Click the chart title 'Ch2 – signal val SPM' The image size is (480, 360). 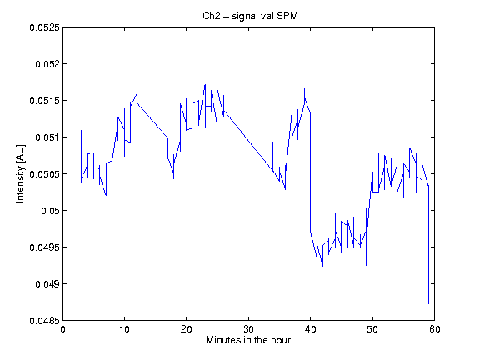[250, 16]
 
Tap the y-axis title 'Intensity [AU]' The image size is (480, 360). [20, 173]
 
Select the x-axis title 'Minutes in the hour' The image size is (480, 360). [248, 340]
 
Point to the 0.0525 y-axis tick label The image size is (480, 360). [44, 27]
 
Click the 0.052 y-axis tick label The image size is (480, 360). [47, 64]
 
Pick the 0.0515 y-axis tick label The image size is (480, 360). [44, 101]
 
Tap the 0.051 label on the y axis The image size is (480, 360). [47, 137]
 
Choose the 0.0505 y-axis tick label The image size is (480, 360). [44, 174]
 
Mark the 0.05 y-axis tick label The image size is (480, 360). [50, 211]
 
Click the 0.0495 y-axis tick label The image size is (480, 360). [44, 247]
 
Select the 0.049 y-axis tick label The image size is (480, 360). [47, 284]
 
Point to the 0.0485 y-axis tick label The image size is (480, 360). [44, 321]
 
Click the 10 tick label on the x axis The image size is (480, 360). [125, 329]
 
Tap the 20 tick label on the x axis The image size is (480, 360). [187, 329]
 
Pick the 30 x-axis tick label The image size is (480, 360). [248, 329]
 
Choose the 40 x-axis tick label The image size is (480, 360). [311, 329]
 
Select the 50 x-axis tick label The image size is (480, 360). [372, 329]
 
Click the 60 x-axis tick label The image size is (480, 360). [435, 329]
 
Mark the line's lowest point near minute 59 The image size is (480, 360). [428, 303]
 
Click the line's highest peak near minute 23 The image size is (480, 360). [205, 84]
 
